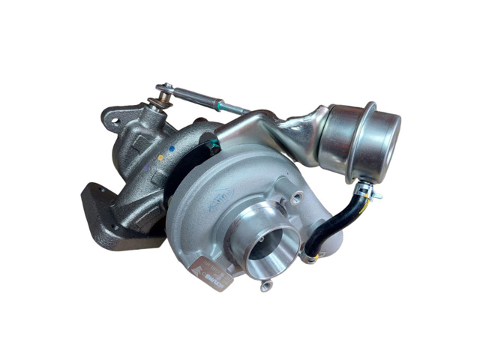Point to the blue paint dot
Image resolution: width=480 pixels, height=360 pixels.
click(172, 148)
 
